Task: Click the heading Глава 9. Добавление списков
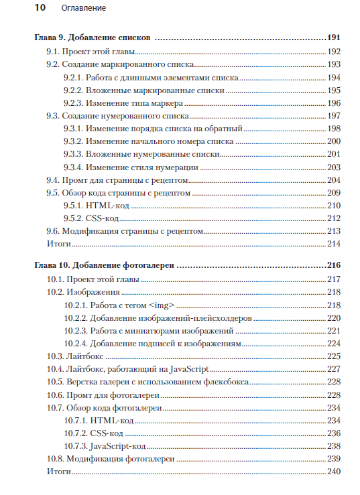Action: (x=92, y=38)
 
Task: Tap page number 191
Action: (x=334, y=38)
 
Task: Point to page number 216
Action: (x=334, y=266)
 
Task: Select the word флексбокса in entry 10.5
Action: (x=227, y=381)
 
